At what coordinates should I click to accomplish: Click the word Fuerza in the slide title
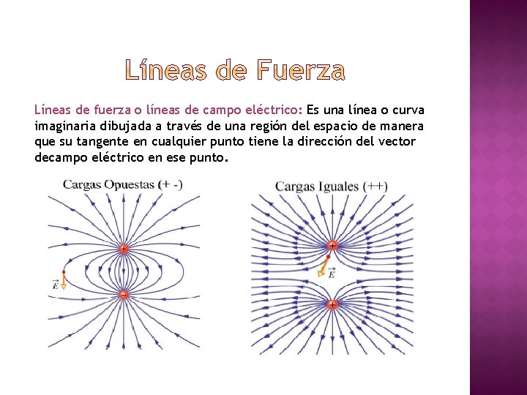301,71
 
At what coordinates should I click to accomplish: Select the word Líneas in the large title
168,71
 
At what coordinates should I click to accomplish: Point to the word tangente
103,142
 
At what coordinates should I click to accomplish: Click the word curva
407,110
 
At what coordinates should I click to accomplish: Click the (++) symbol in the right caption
376,187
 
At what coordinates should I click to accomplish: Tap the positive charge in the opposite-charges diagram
123,249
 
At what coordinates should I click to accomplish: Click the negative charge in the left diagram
123,294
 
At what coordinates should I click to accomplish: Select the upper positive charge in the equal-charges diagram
332,245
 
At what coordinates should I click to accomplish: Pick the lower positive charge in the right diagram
332,304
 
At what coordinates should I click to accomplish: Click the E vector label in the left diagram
55,285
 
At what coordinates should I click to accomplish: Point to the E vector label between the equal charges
331,273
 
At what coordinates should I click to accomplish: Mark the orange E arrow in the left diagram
64,280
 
